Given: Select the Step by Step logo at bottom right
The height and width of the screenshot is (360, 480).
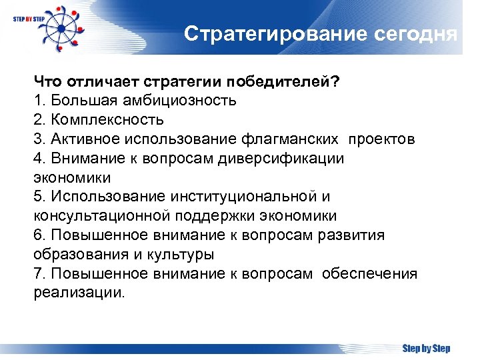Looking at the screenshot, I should (426, 348).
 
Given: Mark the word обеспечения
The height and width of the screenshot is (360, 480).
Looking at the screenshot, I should (369, 274).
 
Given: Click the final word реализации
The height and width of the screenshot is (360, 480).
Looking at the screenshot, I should (79, 293).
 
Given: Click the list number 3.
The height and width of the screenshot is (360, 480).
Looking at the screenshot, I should (38, 139).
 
